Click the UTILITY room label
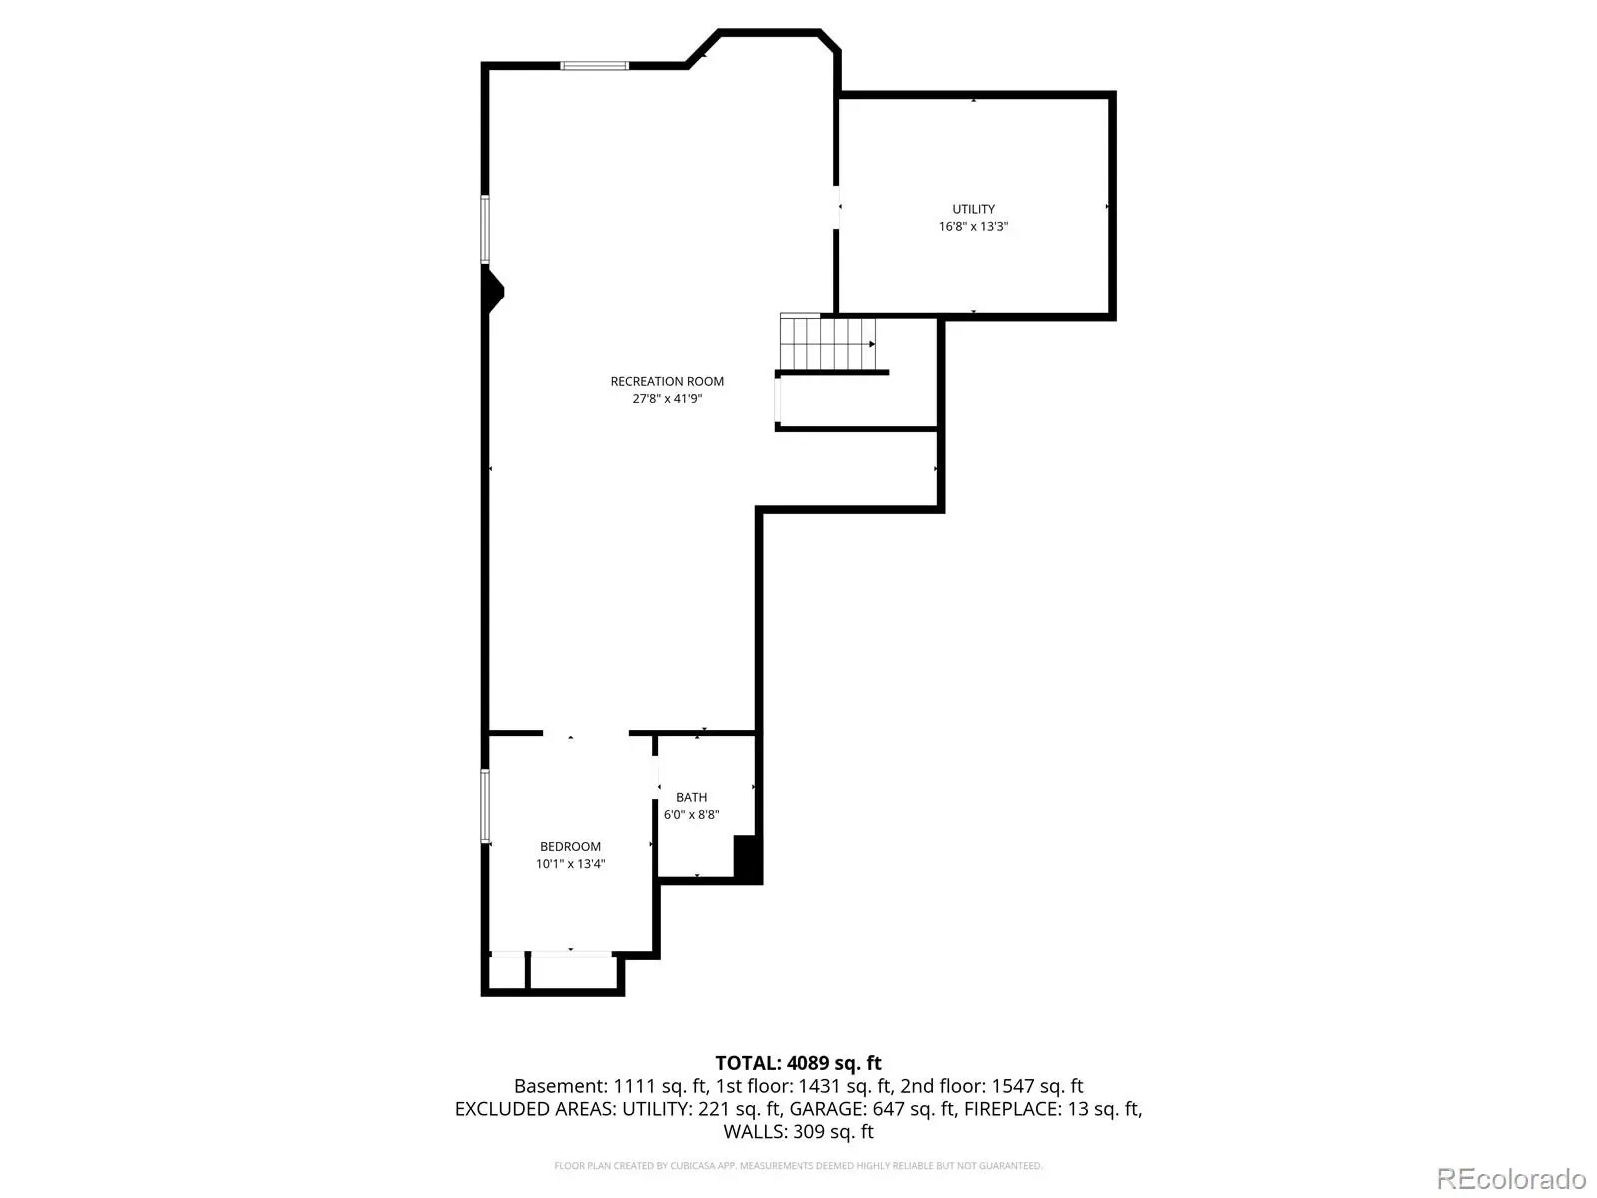(973, 209)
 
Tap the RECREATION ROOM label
(667, 382)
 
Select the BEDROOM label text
(570, 846)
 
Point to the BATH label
(691, 797)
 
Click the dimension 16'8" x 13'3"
(973, 227)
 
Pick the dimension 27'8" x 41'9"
(667, 399)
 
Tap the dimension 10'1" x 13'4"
(570, 864)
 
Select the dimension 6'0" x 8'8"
(691, 814)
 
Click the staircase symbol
(827, 343)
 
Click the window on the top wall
(594, 66)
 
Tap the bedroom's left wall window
(485, 806)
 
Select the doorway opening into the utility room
(836, 208)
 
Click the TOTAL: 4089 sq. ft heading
(798, 1063)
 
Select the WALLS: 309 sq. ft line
(798, 1132)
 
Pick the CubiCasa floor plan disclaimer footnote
(798, 1166)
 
